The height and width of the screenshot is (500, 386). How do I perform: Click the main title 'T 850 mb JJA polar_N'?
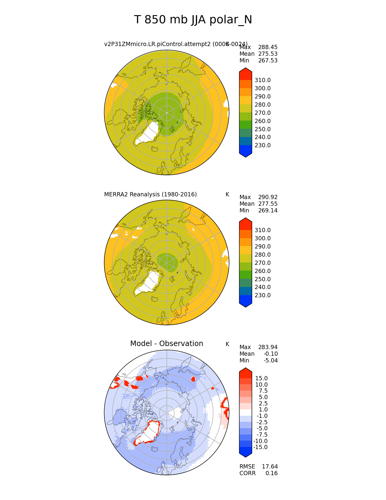193,20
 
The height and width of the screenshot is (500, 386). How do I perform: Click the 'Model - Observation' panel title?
167,344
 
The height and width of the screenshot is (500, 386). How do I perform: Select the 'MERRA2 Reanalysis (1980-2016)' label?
150,195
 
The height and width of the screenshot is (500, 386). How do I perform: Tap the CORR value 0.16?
272,473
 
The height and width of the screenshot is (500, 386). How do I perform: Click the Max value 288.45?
268,47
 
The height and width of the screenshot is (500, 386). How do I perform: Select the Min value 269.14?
268,211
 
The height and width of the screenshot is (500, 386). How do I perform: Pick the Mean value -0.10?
270,354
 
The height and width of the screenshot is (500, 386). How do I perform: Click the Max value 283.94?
268,347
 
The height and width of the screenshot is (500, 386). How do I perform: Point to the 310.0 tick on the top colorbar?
262,80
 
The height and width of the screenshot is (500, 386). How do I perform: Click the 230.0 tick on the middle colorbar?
262,295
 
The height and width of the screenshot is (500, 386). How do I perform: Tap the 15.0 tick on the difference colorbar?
261,378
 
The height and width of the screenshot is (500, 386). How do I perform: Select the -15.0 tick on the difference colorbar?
260,447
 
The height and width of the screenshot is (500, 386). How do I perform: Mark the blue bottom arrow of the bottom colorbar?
246,452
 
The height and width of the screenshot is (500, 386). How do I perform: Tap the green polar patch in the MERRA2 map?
167,262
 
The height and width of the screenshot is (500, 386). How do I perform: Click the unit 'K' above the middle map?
227,195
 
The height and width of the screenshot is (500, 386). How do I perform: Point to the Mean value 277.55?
268,204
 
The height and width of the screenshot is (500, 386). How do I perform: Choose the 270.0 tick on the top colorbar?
262,113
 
